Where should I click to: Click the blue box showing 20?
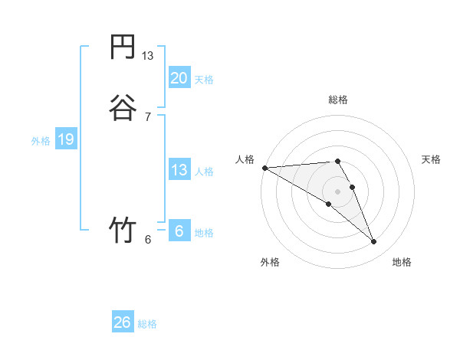coord(179,77)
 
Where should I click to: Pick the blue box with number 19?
coord(65,139)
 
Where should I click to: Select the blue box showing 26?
coord(122,322)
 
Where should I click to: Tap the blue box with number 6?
coord(179,231)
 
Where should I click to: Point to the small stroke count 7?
coord(148,116)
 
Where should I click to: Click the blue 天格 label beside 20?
coord(204,80)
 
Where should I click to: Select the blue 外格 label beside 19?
coord(40,141)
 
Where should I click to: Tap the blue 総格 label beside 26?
coord(147,324)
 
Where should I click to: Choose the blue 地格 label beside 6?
coord(204,233)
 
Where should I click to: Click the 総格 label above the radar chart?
coord(337,100)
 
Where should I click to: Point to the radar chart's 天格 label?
coord(431,159)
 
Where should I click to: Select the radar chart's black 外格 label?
coord(270,262)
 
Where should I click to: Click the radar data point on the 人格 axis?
coord(264,167)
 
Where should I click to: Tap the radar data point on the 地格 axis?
coord(374,242)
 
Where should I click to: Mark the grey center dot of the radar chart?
coord(337,191)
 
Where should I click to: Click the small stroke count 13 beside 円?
coord(148,56)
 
